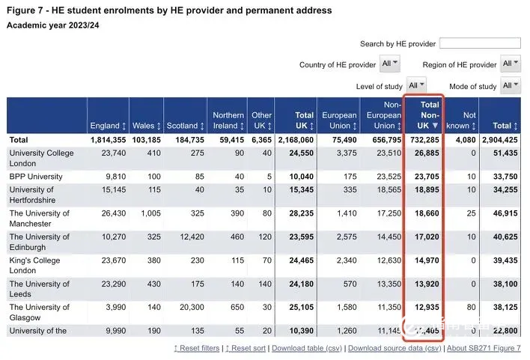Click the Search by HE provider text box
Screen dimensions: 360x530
pyautogui.click(x=480, y=43)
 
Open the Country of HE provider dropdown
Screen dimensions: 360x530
pyautogui.click(x=390, y=64)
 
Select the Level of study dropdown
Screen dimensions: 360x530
pyautogui.click(x=416, y=85)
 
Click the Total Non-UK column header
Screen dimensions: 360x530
pyautogui.click(x=424, y=116)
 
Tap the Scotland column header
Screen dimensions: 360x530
pyautogui.click(x=185, y=125)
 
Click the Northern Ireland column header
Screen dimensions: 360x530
pyautogui.click(x=228, y=120)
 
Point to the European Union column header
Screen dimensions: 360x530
pyautogui.click(x=340, y=120)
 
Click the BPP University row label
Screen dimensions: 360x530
pyautogui.click(x=36, y=177)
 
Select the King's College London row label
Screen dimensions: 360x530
pyautogui.click(x=34, y=266)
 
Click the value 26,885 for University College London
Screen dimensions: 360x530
pyautogui.click(x=424, y=153)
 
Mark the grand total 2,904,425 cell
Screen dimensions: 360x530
pyautogui.click(x=496, y=139)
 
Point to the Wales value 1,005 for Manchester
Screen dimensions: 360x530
pyautogui.click(x=147, y=213)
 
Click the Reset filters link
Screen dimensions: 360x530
pyautogui.click(x=197, y=348)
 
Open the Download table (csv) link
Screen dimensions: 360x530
pyautogui.click(x=307, y=348)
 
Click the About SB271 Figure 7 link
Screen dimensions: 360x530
pyautogui.click(x=484, y=348)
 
